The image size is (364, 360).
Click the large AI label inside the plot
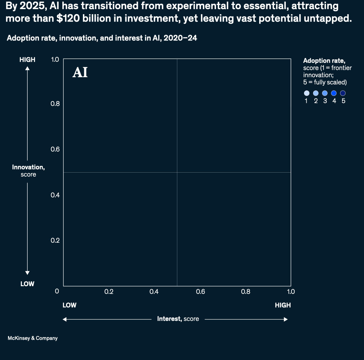(80, 72)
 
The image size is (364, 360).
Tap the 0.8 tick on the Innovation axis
(55, 103)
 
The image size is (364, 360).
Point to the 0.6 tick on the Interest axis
(200, 292)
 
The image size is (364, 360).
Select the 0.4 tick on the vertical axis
(55, 195)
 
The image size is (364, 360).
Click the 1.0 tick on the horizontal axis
(290, 292)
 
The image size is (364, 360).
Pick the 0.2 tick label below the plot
(109, 292)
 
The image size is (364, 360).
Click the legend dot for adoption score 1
(306, 93)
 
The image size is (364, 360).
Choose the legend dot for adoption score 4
(334, 93)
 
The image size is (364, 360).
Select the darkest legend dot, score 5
(343, 93)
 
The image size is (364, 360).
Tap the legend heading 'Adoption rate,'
(324, 61)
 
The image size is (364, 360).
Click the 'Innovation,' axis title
(28, 167)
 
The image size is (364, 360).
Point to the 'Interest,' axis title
(170, 319)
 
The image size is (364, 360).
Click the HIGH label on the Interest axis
(282, 305)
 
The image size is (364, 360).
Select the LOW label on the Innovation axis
(27, 284)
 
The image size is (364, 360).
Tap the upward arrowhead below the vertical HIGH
(28, 68)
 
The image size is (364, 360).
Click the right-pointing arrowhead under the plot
(286, 319)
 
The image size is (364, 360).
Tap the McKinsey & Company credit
(33, 338)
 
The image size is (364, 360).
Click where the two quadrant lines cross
(177, 172)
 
